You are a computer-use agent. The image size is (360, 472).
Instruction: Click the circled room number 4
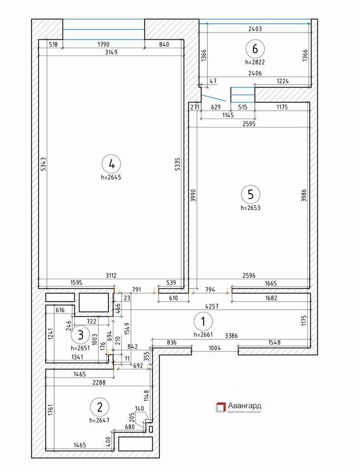(x=112, y=163)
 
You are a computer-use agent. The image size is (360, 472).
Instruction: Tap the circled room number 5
(x=250, y=194)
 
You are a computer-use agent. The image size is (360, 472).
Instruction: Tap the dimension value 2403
(x=256, y=29)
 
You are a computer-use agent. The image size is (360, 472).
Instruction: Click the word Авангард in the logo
(x=244, y=406)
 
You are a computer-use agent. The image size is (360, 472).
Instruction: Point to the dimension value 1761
(x=50, y=410)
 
